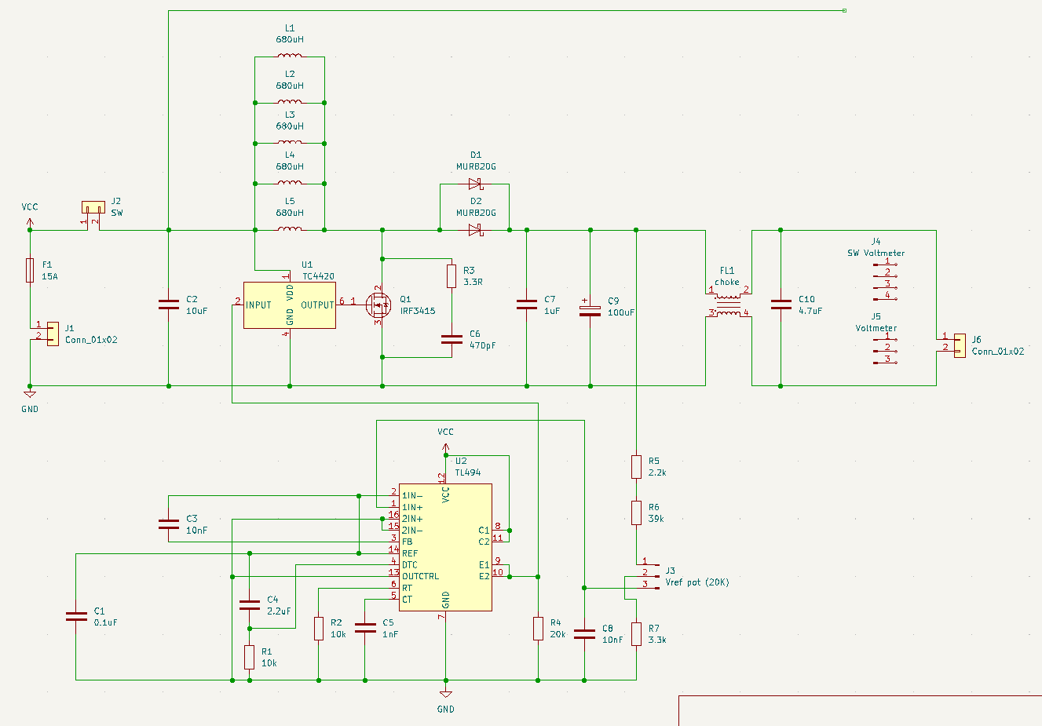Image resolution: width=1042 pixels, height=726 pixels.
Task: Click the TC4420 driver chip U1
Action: click(x=290, y=305)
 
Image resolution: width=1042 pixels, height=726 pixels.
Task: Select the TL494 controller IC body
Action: click(x=445, y=547)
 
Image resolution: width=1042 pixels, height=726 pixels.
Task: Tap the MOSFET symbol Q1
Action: click(x=381, y=305)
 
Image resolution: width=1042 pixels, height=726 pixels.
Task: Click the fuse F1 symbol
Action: click(x=30, y=270)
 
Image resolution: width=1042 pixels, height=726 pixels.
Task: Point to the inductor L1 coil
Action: click(x=290, y=56)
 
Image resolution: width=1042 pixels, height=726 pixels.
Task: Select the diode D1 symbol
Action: click(x=474, y=184)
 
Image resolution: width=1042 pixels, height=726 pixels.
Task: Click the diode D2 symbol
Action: click(x=474, y=230)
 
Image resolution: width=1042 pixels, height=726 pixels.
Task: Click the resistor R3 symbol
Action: click(x=452, y=276)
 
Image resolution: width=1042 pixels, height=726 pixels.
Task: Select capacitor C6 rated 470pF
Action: click(x=452, y=339)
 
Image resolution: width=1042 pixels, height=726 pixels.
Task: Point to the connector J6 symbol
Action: click(x=959, y=345)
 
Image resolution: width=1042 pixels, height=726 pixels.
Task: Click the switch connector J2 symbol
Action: click(x=93, y=208)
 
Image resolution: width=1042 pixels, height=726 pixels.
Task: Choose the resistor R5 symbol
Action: click(x=636, y=467)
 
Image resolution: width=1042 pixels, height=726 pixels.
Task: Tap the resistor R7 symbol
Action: click(x=636, y=634)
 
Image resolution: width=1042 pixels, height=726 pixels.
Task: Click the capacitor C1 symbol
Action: click(x=76, y=616)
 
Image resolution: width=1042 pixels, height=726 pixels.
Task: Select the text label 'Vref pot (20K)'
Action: click(x=696, y=582)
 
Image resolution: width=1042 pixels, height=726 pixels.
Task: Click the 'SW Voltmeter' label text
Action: click(x=876, y=253)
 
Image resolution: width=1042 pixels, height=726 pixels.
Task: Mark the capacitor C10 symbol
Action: click(x=781, y=305)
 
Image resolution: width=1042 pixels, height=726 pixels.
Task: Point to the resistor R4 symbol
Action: click(x=538, y=629)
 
